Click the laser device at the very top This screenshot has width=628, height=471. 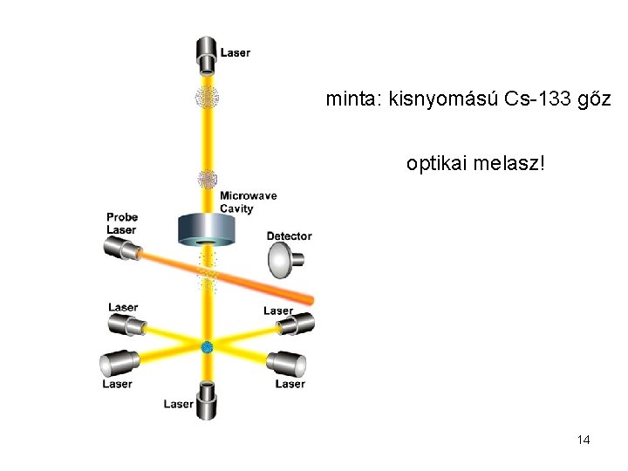tap(207, 55)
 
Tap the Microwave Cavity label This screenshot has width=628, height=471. tap(248, 202)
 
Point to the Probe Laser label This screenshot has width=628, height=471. tap(121, 223)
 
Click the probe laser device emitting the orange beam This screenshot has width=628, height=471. tap(123, 249)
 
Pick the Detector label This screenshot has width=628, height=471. tap(289, 236)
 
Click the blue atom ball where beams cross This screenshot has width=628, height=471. tap(208, 347)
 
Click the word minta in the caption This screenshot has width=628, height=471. tap(348, 99)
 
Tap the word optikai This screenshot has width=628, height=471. tap(436, 163)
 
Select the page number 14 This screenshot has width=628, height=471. tap(584, 440)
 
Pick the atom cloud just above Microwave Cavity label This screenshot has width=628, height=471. tap(208, 181)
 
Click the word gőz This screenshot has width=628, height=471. tap(595, 99)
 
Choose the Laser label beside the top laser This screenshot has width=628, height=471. tap(235, 52)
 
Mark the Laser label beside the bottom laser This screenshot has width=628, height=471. tap(179, 404)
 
